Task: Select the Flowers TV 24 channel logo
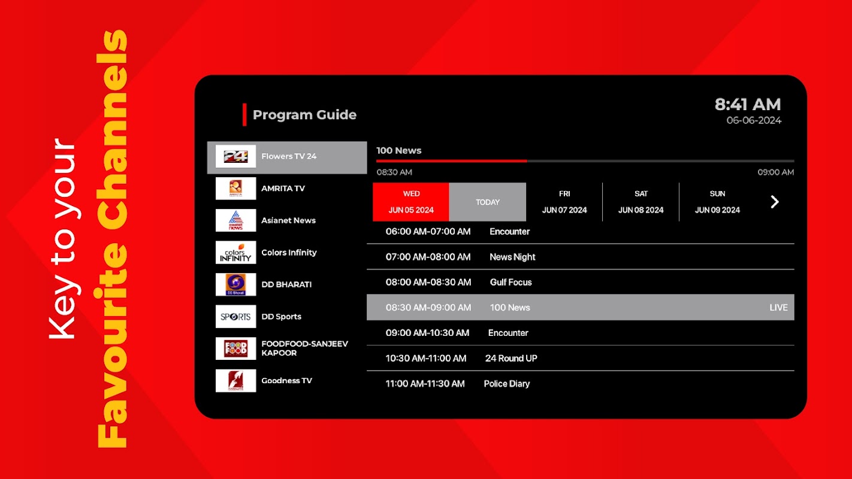[235, 156]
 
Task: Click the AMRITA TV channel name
[283, 188]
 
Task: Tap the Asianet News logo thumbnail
[235, 220]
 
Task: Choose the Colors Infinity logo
[235, 253]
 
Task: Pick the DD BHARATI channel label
[286, 284]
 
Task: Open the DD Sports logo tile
[235, 316]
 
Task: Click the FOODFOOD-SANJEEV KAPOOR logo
[235, 348]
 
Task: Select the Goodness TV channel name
[286, 381]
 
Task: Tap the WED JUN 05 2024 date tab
[411, 202]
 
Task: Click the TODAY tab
[488, 202]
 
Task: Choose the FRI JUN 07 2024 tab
[564, 202]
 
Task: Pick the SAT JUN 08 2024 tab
[641, 202]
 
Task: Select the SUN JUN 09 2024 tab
[717, 202]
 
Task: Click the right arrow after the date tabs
[775, 202]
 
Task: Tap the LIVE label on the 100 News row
[778, 308]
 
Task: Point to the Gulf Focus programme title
[511, 282]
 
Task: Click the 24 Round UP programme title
[511, 358]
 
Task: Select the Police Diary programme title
[507, 384]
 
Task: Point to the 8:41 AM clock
[748, 104]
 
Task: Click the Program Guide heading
[304, 114]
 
